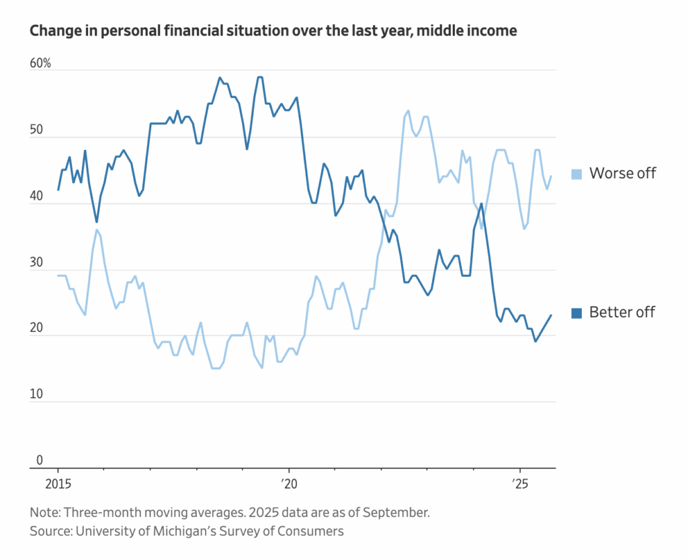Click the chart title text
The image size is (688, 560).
pyautogui.click(x=273, y=31)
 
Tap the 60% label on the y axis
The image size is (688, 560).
pyautogui.click(x=40, y=64)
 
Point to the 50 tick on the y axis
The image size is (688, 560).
pyautogui.click(x=36, y=130)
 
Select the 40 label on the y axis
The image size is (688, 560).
pyautogui.click(x=36, y=197)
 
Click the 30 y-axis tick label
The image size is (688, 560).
pyautogui.click(x=36, y=263)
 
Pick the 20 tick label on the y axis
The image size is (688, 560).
pyautogui.click(x=36, y=329)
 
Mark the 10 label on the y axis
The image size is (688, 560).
pyautogui.click(x=36, y=395)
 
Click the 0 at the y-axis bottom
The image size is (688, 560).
pyautogui.click(x=39, y=461)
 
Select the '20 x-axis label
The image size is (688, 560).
pyautogui.click(x=288, y=484)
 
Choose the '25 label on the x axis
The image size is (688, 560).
pyautogui.click(x=519, y=484)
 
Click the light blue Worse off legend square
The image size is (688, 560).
pyautogui.click(x=576, y=174)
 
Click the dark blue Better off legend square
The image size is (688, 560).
pyautogui.click(x=576, y=313)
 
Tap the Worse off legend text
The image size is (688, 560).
pyautogui.click(x=622, y=173)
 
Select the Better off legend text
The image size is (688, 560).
pyautogui.click(x=622, y=312)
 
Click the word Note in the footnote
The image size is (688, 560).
pyautogui.click(x=44, y=512)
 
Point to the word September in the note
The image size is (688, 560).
pyautogui.click(x=397, y=512)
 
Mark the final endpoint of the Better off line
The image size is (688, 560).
pyautogui.click(x=552, y=315)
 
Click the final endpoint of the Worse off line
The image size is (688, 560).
pyautogui.click(x=552, y=176)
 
